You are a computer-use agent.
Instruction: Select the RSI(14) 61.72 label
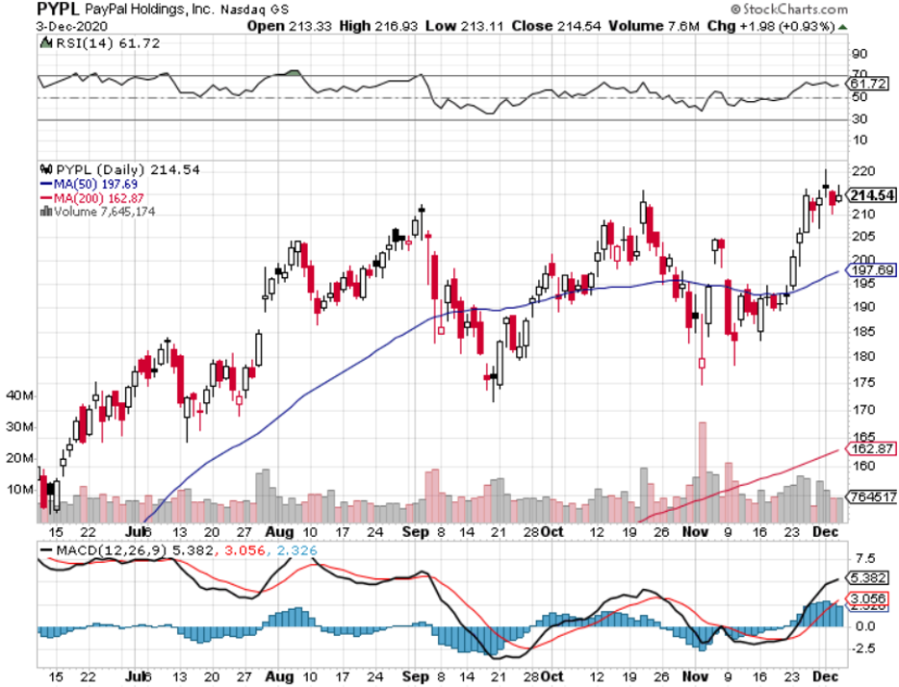pos(79,45)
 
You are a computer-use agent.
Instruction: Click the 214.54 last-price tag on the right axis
pos(871,195)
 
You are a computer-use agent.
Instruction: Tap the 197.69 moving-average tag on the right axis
pos(869,269)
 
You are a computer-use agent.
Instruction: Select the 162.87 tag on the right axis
pos(869,448)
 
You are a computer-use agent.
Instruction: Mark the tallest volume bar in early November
pos(702,462)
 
